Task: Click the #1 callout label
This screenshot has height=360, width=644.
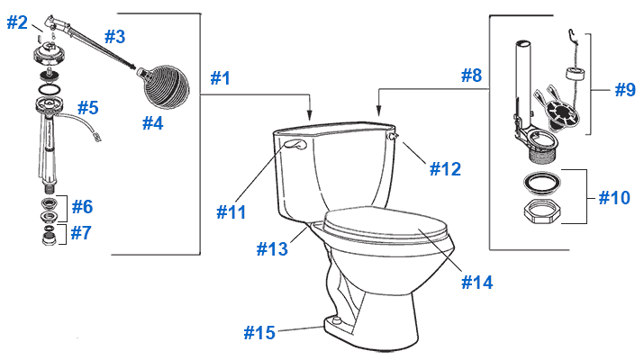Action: click(221, 78)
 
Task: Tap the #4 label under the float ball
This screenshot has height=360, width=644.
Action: click(153, 122)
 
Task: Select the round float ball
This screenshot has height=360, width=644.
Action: click(164, 86)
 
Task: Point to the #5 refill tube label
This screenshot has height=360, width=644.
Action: click(88, 108)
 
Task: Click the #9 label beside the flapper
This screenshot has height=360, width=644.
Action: click(625, 90)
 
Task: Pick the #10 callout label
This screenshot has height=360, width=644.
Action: click(614, 198)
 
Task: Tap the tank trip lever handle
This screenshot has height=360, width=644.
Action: click(295, 144)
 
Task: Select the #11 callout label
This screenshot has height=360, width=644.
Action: click(231, 212)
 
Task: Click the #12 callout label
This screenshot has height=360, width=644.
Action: click(445, 169)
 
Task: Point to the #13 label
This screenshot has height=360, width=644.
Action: click(272, 249)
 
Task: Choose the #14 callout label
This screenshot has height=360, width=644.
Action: click(477, 283)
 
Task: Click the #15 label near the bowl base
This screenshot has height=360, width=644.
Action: click(259, 332)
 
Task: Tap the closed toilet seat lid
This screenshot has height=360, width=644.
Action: click(385, 224)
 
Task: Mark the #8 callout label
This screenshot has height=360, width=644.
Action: click(471, 76)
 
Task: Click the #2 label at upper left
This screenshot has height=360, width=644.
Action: click(17, 22)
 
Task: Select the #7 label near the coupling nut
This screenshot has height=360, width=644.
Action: click(81, 233)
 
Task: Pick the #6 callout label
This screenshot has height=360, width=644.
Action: click(83, 206)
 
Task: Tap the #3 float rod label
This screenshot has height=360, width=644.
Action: click(115, 37)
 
